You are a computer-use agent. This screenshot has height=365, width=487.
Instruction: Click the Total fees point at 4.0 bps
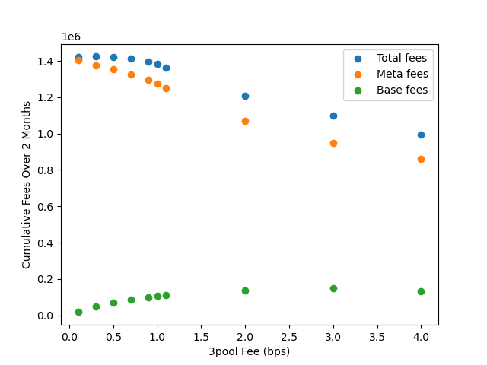[x=421, y=135]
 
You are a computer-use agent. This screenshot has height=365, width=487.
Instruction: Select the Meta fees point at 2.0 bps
[x=245, y=121]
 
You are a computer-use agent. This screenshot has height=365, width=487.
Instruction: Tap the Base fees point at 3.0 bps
[x=333, y=288]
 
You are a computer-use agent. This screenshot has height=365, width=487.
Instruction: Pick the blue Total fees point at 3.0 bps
[x=333, y=116]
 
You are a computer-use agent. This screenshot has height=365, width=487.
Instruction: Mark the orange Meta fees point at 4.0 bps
[x=421, y=159]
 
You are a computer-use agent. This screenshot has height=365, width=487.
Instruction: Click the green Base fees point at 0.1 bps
[x=78, y=312]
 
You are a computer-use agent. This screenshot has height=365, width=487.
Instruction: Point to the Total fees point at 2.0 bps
[x=245, y=96]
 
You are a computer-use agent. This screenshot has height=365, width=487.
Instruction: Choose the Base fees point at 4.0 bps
[x=421, y=291]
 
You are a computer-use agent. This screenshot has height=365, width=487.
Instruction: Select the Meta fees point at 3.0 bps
[x=333, y=143]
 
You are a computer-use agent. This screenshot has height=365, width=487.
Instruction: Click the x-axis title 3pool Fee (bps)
[x=250, y=351]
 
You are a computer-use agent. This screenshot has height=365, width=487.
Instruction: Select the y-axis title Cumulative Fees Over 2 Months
[x=27, y=185]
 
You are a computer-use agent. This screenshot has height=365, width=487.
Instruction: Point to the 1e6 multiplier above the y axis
[x=72, y=36]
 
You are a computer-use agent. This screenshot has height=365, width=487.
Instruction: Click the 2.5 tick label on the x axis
[x=289, y=336]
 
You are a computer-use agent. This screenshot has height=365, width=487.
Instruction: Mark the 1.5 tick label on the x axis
[x=201, y=336]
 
